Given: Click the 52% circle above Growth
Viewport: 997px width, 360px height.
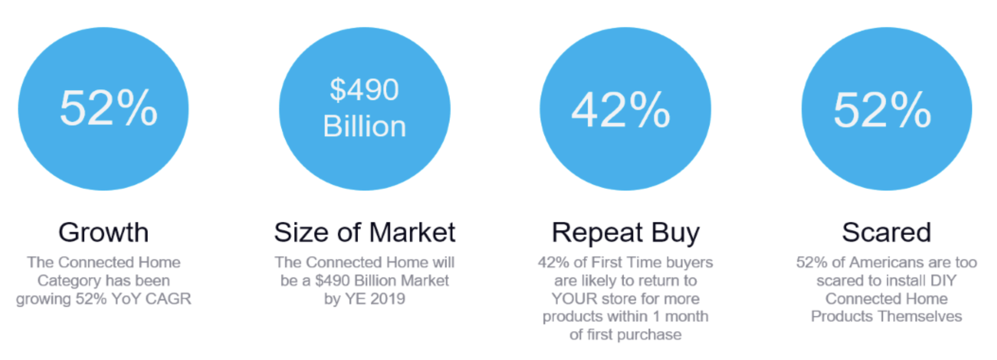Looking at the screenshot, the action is tap(104, 109).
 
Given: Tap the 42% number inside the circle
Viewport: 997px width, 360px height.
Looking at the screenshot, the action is tap(621, 110).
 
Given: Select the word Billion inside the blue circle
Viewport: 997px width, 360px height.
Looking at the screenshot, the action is tap(364, 127).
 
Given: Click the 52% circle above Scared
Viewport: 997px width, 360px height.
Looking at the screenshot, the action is tap(887, 109).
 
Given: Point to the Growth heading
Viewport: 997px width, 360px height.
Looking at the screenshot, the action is tap(104, 233).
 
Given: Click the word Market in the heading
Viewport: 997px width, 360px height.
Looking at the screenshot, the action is tap(412, 232).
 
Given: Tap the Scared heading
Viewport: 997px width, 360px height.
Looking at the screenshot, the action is tap(887, 232).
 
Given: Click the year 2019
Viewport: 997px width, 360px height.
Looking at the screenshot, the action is tap(388, 299).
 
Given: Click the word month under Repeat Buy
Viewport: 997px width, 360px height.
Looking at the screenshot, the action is tap(686, 317).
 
